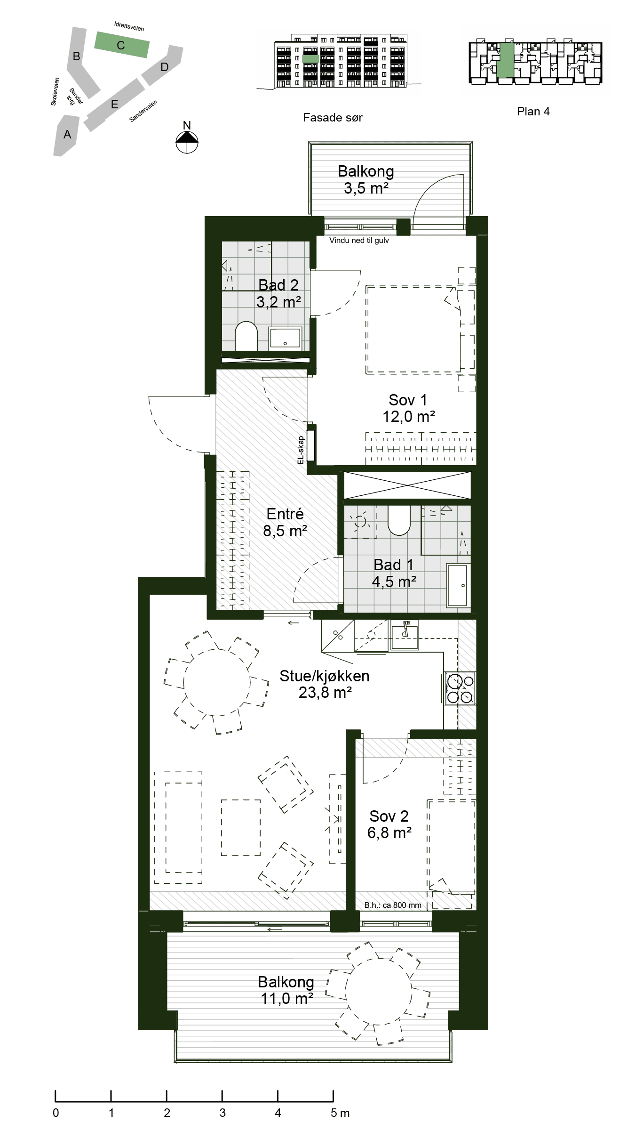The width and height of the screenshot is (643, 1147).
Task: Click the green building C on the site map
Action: pos(122,45)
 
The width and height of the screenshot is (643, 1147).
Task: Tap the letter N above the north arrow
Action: pos(187,125)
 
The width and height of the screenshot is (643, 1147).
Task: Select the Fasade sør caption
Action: pos(333,118)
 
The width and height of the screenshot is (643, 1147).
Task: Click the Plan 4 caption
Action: pos(533,112)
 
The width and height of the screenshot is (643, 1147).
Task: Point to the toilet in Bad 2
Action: pos(246,336)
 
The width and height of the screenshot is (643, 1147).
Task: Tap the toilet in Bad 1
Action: pos(399,520)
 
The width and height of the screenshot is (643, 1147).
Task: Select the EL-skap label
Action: pos(301,450)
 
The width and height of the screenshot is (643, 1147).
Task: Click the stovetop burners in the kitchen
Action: pos(460,689)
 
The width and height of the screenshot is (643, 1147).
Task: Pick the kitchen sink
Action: pos(405,635)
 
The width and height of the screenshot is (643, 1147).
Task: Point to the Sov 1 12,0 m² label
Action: pos(408,408)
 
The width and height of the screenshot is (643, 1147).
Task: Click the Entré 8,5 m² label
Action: pos(285,522)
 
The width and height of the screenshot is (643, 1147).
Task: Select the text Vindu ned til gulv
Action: pos(359,241)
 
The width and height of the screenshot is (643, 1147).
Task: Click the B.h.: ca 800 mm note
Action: pos(393,905)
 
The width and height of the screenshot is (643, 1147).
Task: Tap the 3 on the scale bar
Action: pos(222,1113)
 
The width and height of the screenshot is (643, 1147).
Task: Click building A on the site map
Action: pos(67,135)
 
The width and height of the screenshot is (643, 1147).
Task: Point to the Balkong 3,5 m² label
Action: pos(366,180)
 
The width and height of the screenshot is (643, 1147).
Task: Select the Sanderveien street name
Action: pos(143,112)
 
